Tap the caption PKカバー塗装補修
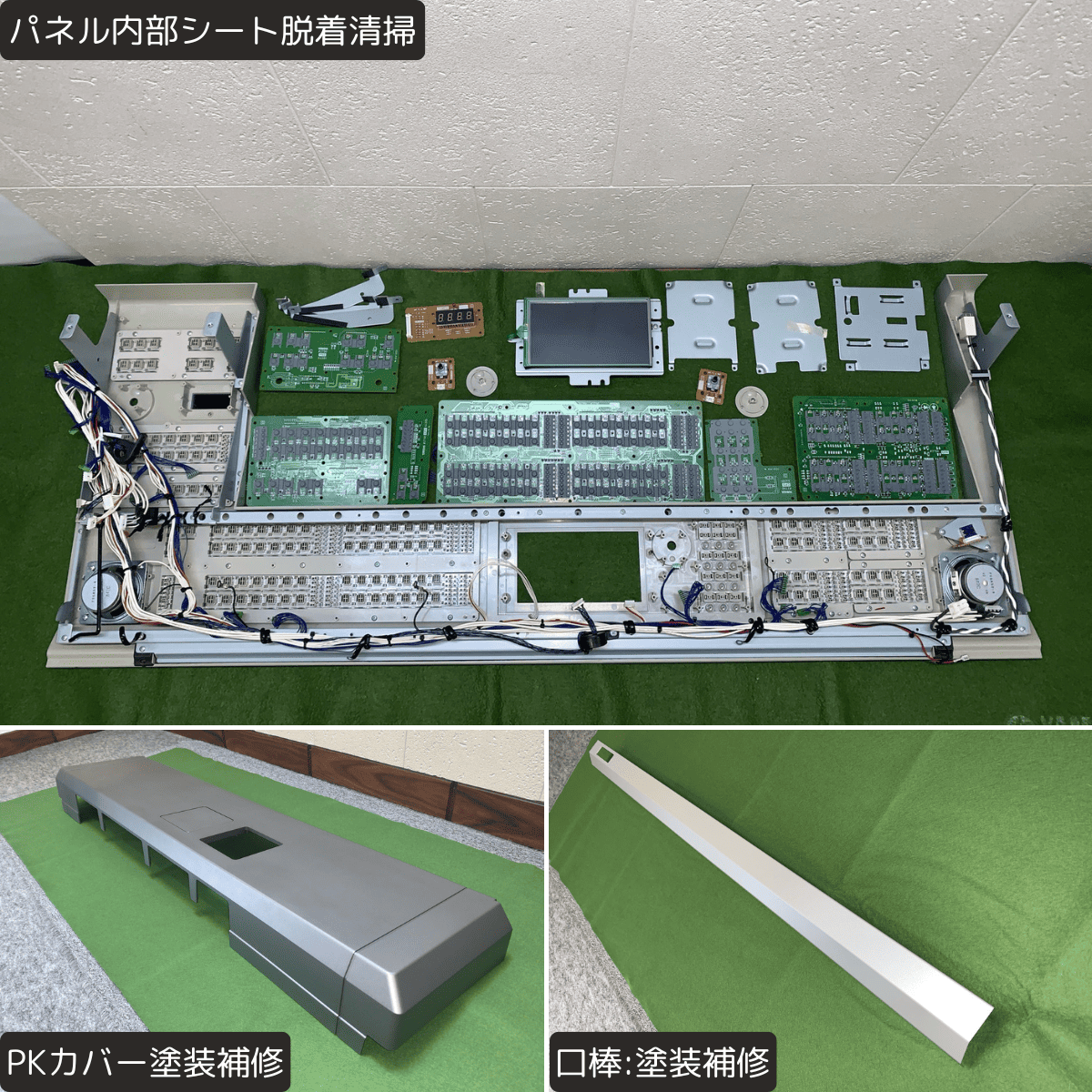[147, 1062]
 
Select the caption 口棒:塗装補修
[662, 1062]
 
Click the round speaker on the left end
[104, 594]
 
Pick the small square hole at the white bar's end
[602, 754]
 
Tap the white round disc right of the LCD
[752, 400]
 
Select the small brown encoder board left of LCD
[440, 373]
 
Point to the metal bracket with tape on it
[786, 327]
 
